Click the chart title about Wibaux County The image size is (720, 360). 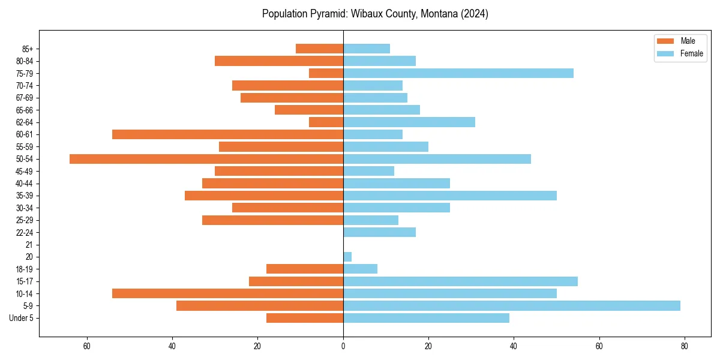[x=375, y=14]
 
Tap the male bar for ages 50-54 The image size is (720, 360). [x=206, y=159]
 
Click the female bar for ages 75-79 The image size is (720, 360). [x=458, y=73]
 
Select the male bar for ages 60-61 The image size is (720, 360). [x=227, y=134]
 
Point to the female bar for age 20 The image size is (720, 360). [x=347, y=257]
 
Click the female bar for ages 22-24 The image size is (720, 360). [x=379, y=232]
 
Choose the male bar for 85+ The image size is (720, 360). [x=319, y=49]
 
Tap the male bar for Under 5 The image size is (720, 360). [x=305, y=318]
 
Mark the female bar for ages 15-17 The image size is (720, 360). [x=460, y=281]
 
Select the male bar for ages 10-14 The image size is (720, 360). [x=227, y=293]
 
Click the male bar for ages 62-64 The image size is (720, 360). [x=326, y=122]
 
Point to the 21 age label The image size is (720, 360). [x=29, y=245]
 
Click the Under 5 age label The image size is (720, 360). [x=21, y=318]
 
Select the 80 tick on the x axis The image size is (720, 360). [x=685, y=346]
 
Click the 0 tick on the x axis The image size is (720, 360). [x=343, y=346]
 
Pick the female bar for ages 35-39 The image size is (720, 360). [x=449, y=196]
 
